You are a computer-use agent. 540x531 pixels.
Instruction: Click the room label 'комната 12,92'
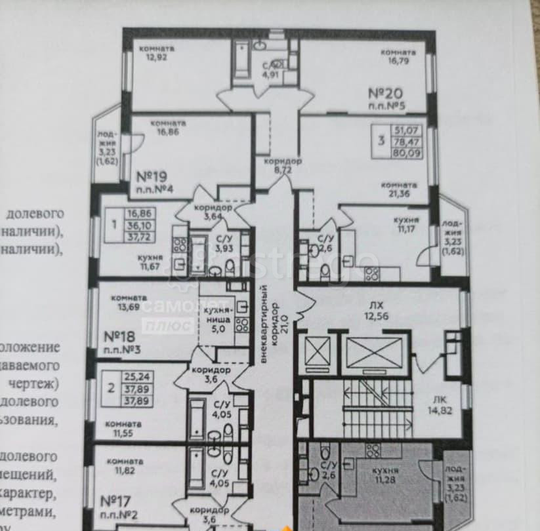click(161, 52)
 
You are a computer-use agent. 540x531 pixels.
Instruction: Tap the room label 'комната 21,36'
click(398, 189)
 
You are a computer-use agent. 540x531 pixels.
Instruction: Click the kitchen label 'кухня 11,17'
click(405, 224)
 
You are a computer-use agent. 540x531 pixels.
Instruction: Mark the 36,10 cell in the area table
click(138, 224)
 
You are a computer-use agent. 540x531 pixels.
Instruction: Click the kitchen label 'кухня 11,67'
click(150, 262)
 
